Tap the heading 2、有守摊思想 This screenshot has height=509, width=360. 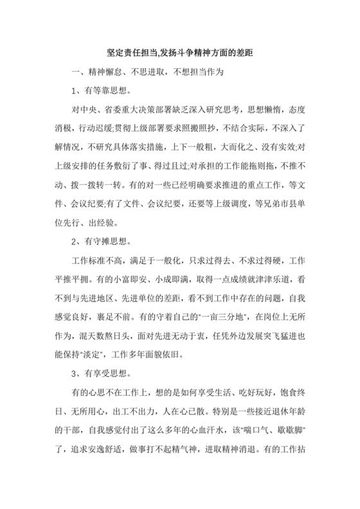98,242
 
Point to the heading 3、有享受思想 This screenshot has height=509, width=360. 98,373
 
